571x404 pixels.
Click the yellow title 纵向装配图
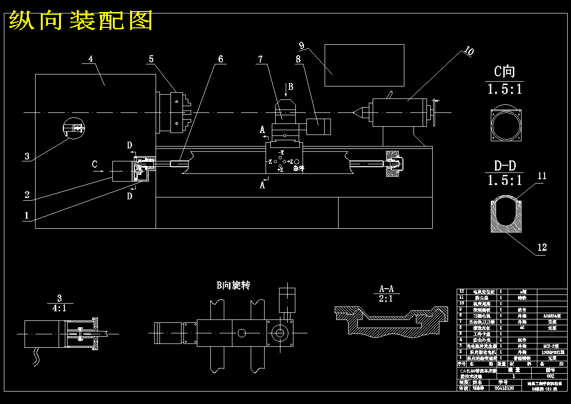[81, 21]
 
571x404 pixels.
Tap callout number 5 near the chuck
[151, 59]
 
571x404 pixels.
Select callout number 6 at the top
[220, 59]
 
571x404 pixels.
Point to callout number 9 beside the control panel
[302, 46]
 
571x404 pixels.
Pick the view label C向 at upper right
[504, 72]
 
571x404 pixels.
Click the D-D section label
[505, 166]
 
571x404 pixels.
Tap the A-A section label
[386, 289]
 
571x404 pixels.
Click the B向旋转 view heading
[233, 285]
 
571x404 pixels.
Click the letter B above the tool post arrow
[290, 86]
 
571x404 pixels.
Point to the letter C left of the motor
[95, 165]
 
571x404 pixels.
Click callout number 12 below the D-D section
[542, 247]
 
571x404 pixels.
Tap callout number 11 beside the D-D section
[542, 176]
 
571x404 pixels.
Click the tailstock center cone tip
[354, 112]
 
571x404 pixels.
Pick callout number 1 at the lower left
[27, 216]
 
